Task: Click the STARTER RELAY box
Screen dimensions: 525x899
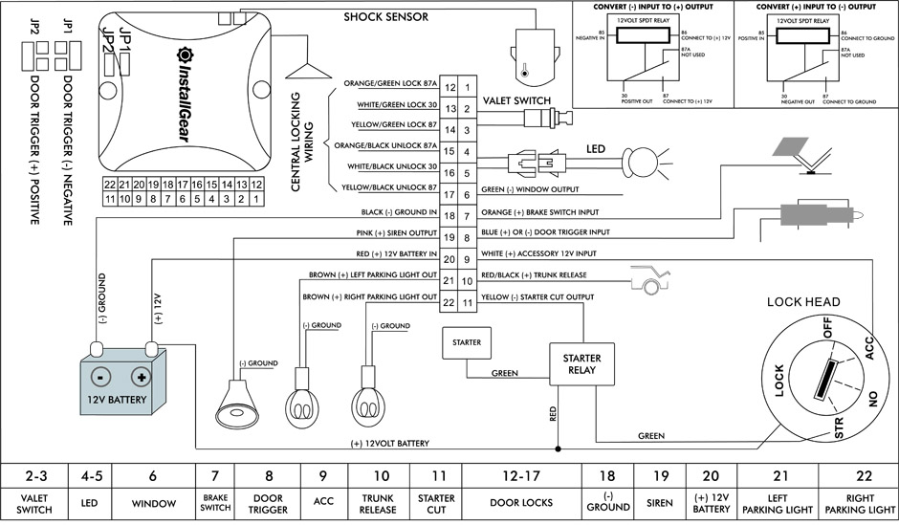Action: pyautogui.click(x=581, y=363)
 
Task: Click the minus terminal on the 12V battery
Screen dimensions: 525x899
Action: pyautogui.click(x=98, y=376)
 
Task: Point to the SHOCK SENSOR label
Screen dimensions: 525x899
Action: pyautogui.click(x=385, y=17)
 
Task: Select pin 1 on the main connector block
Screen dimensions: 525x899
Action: pyautogui.click(x=467, y=88)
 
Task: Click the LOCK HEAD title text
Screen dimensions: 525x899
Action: pyautogui.click(x=803, y=302)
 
